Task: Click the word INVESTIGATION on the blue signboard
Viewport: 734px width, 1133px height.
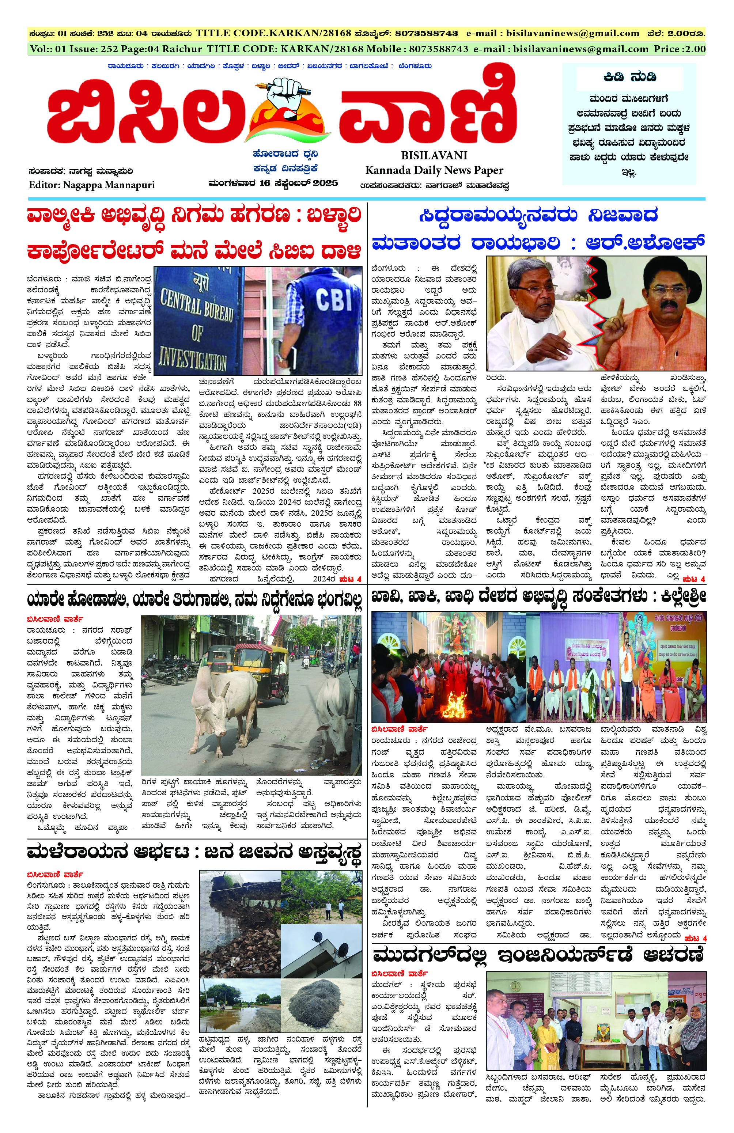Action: pos(192,357)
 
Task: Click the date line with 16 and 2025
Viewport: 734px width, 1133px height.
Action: pos(273,183)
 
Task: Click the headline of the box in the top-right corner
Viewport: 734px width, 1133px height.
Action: pos(629,77)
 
